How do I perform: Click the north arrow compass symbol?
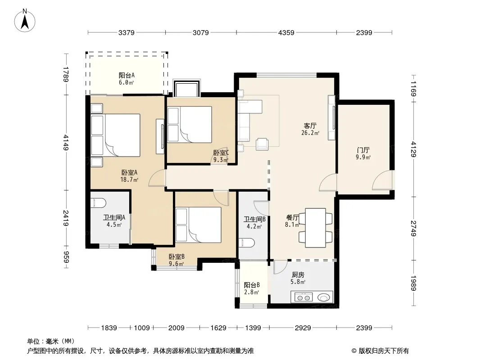[25, 21]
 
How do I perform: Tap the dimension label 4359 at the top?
[286, 32]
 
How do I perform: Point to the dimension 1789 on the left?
[65, 74]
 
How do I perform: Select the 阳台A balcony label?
[127, 75]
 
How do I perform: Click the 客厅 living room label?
[310, 126]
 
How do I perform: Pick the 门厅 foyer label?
[363, 150]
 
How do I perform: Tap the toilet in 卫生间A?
[99, 203]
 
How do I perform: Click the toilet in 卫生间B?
[246, 243]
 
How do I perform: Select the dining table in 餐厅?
[315, 228]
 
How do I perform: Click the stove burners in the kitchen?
[303, 297]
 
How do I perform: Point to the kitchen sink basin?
[324, 297]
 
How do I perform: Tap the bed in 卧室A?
[116, 135]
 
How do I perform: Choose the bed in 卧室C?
[190, 125]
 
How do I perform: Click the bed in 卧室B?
[199, 225]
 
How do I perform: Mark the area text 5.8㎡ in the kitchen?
[298, 282]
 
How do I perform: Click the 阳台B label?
[252, 285]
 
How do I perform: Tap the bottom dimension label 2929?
[303, 328]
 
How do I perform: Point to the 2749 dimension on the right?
[413, 229]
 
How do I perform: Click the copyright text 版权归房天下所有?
[384, 351]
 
